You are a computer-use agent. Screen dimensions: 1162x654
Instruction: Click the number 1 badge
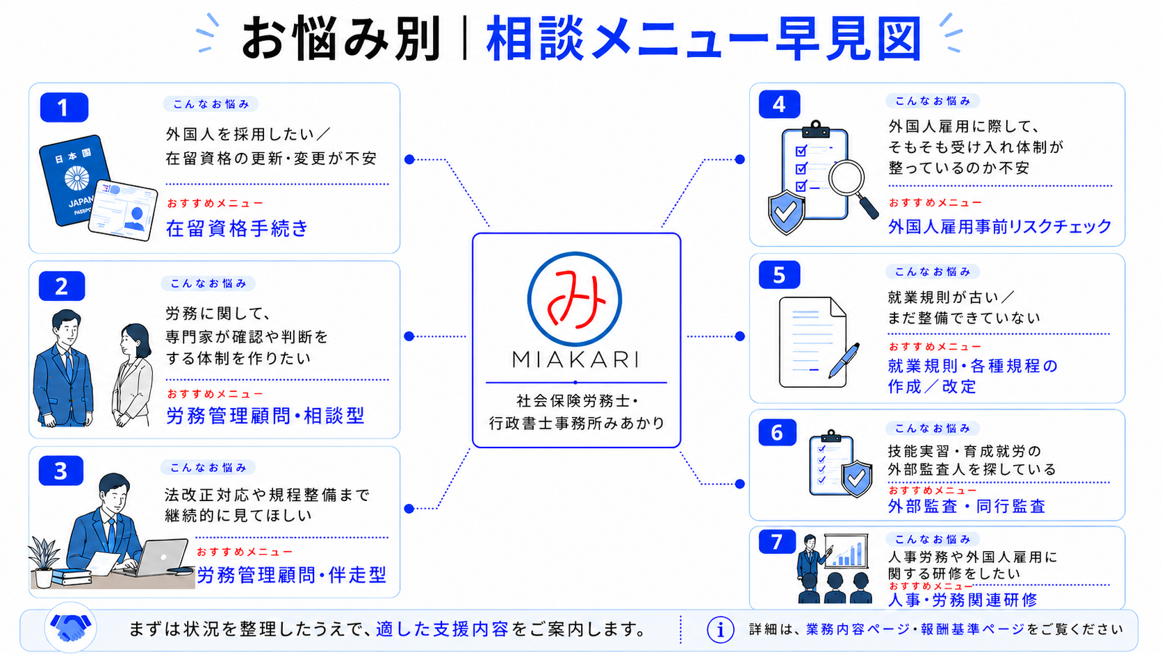coord(65,107)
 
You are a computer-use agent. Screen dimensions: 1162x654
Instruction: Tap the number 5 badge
coord(779,275)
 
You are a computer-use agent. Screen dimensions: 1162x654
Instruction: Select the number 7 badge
coord(776,542)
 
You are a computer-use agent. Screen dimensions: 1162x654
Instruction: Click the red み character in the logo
coord(577,299)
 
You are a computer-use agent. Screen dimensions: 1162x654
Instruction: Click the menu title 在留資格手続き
coord(237,228)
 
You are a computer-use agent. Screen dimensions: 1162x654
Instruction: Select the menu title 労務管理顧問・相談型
coord(265,416)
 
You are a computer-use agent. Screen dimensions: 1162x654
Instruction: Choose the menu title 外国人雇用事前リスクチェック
coord(999,226)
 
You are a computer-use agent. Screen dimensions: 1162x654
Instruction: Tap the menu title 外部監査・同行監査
coord(967,506)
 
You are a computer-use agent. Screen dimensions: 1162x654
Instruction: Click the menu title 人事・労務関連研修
coord(963,600)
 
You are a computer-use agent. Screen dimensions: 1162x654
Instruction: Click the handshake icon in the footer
coord(71,628)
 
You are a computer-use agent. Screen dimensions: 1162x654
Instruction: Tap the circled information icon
coord(721,630)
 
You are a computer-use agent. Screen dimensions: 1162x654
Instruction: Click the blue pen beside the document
coord(844,361)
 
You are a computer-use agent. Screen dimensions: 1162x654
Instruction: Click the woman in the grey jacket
coord(132,375)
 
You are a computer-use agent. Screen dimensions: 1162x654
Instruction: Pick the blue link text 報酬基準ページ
coord(973,630)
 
